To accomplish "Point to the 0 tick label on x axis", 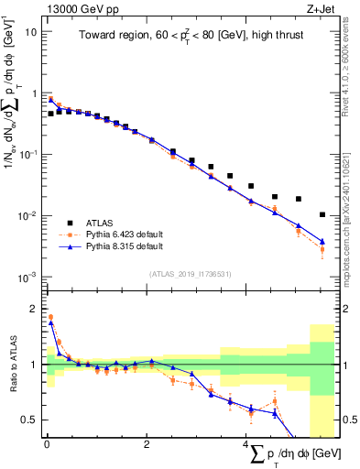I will click(x=47, y=444).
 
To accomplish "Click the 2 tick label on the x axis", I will click(x=147, y=444).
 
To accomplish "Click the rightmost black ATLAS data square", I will click(x=322, y=214).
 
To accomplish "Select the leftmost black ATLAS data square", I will click(x=50, y=114).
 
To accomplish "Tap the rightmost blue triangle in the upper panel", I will click(x=322, y=242).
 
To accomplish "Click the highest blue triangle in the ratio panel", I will click(x=50, y=322).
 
